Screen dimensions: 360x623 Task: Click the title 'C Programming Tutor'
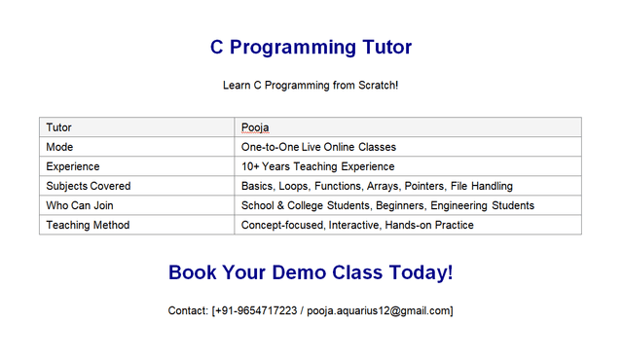(311, 47)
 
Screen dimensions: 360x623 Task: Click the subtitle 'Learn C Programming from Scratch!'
(311, 86)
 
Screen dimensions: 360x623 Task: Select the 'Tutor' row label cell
(59, 127)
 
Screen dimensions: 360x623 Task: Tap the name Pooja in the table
(255, 127)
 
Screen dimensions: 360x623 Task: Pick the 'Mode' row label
(60, 147)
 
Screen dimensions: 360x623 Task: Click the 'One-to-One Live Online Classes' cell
(318, 147)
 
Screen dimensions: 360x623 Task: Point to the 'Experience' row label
(73, 166)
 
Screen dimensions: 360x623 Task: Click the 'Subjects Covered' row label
(89, 186)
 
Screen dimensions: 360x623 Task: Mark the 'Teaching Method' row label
(88, 225)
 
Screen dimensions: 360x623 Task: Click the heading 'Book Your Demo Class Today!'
(311, 272)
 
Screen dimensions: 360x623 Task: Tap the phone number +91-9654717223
(257, 311)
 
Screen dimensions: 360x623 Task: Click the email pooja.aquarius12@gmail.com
(378, 311)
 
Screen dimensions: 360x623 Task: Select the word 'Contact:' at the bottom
(189, 311)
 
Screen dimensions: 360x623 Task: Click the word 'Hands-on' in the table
(413, 225)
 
